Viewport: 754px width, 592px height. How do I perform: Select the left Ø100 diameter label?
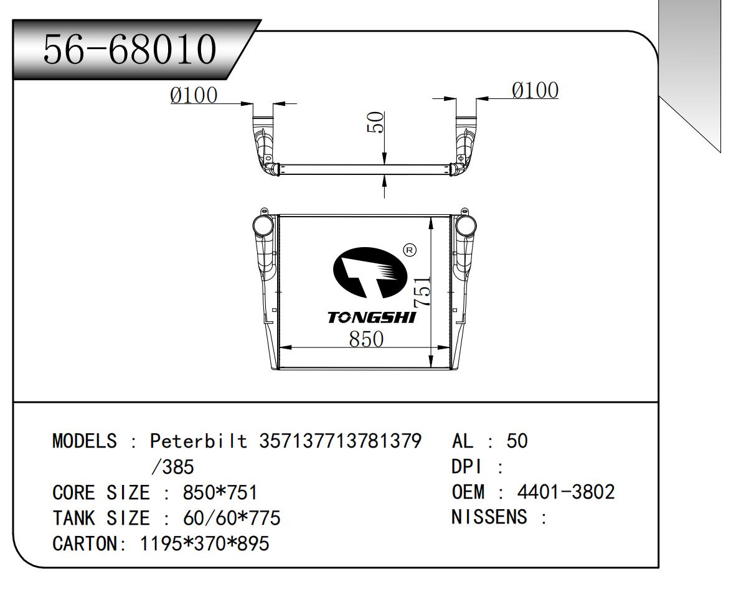pyautogui.click(x=194, y=95)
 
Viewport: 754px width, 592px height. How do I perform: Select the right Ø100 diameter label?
pyautogui.click(x=535, y=90)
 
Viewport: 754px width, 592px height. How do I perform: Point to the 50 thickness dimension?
pyautogui.click(x=375, y=123)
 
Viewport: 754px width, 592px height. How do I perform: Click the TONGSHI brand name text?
pyautogui.click(x=372, y=318)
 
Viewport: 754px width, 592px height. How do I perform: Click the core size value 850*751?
pyautogui.click(x=220, y=493)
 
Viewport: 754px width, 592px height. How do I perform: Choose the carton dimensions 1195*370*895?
pyautogui.click(x=205, y=543)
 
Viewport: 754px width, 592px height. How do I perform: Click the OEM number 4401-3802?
pyautogui.click(x=566, y=492)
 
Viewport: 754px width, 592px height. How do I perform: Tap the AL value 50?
pyautogui.click(x=517, y=441)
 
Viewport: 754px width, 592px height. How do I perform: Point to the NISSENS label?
pyautogui.click(x=489, y=517)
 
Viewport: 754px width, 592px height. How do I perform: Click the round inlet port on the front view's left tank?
pyautogui.click(x=262, y=225)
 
